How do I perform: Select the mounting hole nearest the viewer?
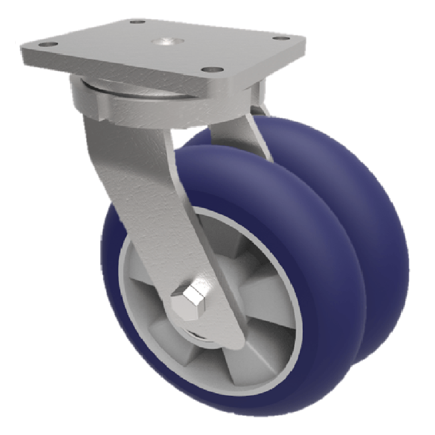212,70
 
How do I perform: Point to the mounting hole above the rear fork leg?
280,38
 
